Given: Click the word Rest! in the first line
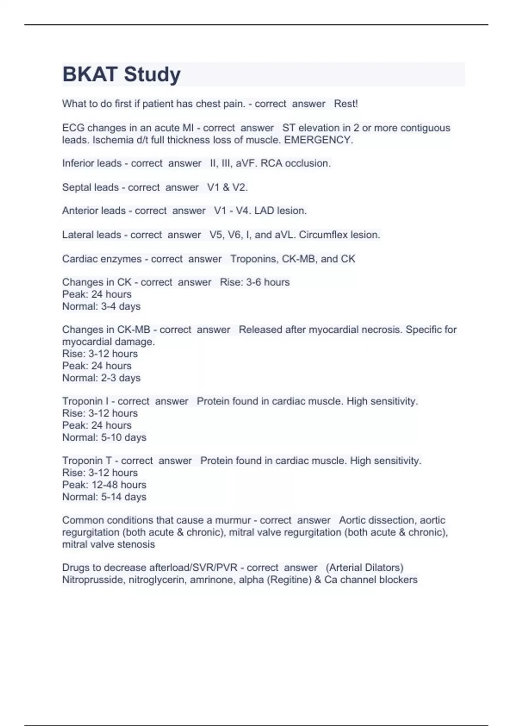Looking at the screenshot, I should tap(345, 104).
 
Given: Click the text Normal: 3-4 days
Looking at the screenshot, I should tap(101, 306).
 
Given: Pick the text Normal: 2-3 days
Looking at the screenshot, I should tap(101, 378).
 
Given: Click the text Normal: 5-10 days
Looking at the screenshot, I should tap(104, 437).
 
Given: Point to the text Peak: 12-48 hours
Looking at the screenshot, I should tap(104, 485).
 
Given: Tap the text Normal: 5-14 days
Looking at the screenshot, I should tap(104, 497).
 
